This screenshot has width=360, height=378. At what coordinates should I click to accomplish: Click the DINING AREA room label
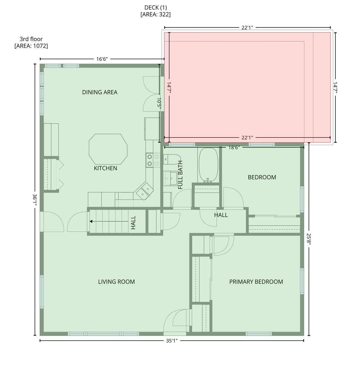click(x=100, y=92)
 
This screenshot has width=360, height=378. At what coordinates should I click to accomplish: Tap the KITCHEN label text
click(x=106, y=168)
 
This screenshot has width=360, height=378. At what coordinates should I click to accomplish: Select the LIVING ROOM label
click(x=116, y=282)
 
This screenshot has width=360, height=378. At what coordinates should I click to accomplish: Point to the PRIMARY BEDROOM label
click(x=256, y=282)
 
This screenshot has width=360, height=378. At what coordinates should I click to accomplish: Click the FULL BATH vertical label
click(x=180, y=175)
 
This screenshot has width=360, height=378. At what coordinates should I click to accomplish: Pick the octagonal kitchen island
click(x=108, y=149)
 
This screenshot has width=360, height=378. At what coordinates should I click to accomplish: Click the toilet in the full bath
click(x=172, y=159)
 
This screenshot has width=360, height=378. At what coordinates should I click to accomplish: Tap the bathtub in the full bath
click(x=208, y=165)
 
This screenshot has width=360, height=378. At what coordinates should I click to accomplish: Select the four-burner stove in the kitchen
click(x=153, y=160)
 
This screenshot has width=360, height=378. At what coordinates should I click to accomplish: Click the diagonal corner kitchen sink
click(x=144, y=191)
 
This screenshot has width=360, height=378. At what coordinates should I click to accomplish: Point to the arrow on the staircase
click(x=109, y=221)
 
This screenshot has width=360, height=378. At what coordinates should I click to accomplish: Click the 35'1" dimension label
click(x=172, y=341)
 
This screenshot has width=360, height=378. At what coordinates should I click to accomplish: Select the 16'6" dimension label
click(x=102, y=59)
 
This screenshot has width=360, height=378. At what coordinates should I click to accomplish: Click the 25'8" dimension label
click(x=309, y=239)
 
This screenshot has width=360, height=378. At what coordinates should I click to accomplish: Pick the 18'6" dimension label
click(x=234, y=147)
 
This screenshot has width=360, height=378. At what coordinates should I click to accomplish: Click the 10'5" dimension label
click(x=159, y=103)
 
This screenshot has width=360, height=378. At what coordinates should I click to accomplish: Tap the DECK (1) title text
click(x=155, y=7)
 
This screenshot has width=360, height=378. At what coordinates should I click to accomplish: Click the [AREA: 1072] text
click(x=31, y=46)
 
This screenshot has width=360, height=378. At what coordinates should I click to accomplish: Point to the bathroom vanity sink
click(x=171, y=178)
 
